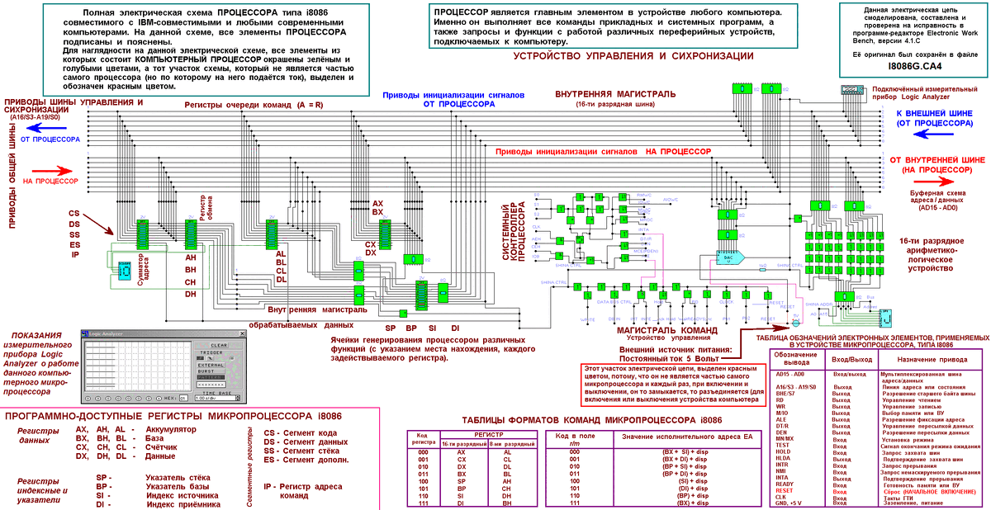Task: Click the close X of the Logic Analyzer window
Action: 241,333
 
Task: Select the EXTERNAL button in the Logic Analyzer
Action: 211,363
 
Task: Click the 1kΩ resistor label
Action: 762,265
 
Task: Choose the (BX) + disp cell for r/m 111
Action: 680,503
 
